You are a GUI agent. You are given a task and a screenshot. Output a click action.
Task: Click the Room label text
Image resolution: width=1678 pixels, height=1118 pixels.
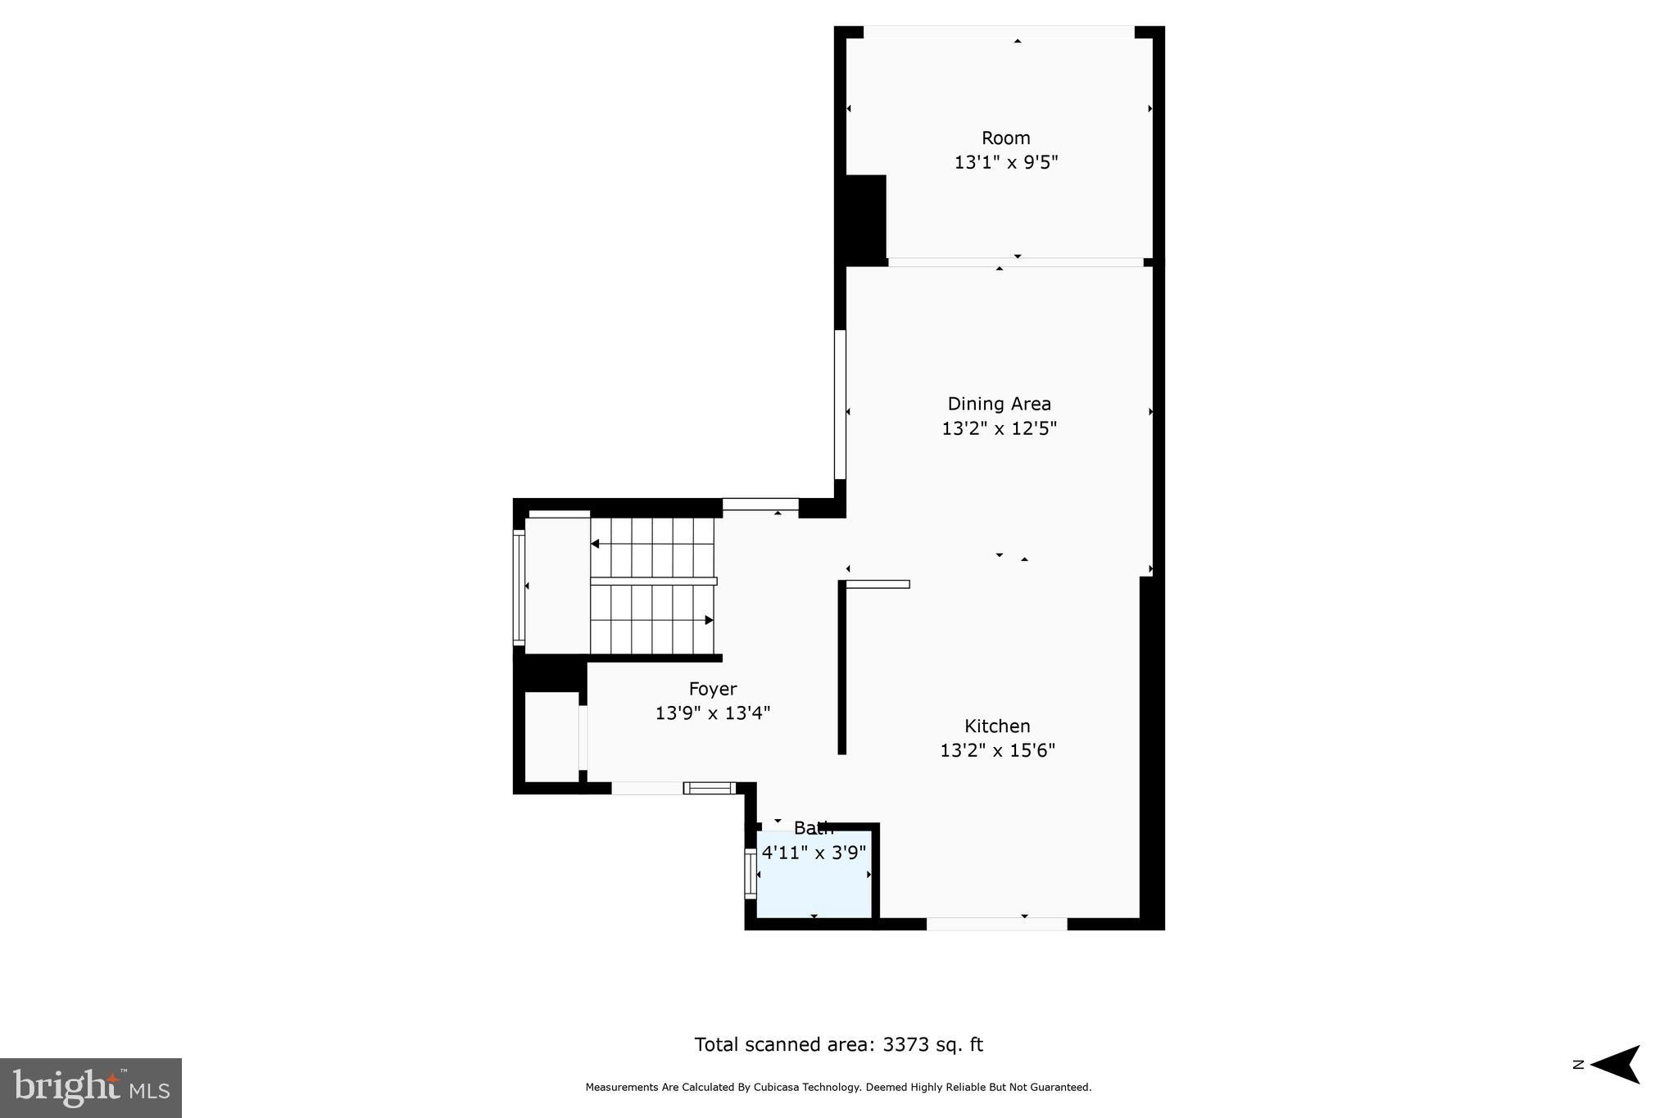pyautogui.click(x=1005, y=138)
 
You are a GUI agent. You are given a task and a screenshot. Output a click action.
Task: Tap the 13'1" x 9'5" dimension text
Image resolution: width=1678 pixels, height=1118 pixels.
pyautogui.click(x=1005, y=162)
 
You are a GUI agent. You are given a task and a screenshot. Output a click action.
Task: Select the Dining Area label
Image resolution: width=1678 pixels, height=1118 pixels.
pyautogui.click(x=999, y=404)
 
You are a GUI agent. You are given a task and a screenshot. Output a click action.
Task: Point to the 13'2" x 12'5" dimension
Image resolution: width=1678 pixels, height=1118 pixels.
pyautogui.click(x=999, y=428)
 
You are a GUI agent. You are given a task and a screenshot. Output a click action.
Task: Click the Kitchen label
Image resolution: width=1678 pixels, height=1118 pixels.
pyautogui.click(x=997, y=726)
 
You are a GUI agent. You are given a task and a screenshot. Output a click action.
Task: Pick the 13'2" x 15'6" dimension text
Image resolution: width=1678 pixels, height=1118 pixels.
pyautogui.click(x=997, y=750)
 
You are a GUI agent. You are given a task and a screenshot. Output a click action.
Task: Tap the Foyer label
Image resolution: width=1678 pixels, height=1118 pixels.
pyautogui.click(x=712, y=689)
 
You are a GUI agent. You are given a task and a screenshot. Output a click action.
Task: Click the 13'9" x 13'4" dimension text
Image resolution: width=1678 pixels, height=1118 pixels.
pyautogui.click(x=712, y=713)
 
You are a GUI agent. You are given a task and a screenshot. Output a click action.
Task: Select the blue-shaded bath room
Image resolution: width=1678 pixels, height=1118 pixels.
pyautogui.click(x=813, y=889)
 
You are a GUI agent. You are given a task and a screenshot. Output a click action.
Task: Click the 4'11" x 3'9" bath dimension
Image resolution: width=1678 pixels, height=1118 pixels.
pyautogui.click(x=814, y=853)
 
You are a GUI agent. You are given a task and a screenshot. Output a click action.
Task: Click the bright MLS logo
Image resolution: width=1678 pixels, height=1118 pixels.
pyautogui.click(x=91, y=1088)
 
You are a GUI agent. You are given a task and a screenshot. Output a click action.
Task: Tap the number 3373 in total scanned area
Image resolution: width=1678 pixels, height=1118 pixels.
pyautogui.click(x=905, y=1044)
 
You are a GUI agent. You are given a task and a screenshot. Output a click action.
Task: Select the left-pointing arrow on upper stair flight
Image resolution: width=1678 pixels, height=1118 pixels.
pyautogui.click(x=596, y=544)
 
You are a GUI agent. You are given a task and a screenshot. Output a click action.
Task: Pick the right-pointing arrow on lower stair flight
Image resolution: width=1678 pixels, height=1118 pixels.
pyautogui.click(x=709, y=620)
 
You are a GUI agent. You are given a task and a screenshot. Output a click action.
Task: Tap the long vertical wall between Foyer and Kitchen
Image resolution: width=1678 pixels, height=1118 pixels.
pyautogui.click(x=841, y=668)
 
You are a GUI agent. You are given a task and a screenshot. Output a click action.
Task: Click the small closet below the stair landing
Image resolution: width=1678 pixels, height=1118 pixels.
pyautogui.click(x=551, y=736)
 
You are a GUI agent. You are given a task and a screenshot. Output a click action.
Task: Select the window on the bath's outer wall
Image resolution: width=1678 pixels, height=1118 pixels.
pyautogui.click(x=750, y=874)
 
